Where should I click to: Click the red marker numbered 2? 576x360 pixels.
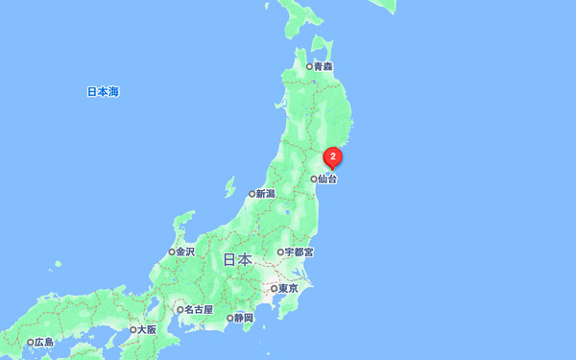coord(332,156)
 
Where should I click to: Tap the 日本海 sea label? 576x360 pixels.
coord(103,92)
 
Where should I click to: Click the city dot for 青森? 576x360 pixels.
coord(309,67)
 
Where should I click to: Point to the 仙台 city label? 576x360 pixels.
coord(328,179)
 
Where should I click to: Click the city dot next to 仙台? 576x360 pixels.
coord(314,179)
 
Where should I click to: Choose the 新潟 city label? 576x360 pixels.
coord(265,194)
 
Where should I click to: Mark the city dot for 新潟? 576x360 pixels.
coord(252,194)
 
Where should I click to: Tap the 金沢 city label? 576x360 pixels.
coord(185,252)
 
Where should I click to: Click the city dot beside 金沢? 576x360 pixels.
coord(172,252)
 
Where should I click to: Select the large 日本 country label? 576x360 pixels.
coord(237,259)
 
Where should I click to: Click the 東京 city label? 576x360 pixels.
coord(289,289)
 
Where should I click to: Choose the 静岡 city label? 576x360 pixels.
coord(244,318)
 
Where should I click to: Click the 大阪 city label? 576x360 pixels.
coord(147,329)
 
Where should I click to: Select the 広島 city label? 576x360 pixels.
coord(44,343)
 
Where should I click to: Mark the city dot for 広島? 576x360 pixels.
coord(30,343)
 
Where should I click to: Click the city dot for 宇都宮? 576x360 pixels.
coord(280,252)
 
